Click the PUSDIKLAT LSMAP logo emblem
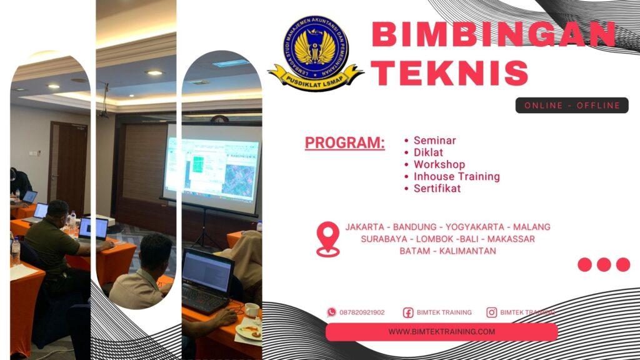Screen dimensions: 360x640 click(316, 54)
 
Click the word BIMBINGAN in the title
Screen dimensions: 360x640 click(493, 35)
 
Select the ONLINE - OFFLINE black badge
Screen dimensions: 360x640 click(572, 106)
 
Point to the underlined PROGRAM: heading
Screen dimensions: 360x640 click(344, 142)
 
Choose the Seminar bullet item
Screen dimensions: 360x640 click(434, 141)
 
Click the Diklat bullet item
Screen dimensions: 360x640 click(428, 152)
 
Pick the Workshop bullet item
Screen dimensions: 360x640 click(439, 164)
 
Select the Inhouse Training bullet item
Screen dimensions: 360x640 click(456, 176)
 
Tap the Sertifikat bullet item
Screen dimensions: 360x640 click(437, 188)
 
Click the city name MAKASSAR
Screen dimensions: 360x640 click(511, 239)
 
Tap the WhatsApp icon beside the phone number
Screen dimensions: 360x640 click(331, 312)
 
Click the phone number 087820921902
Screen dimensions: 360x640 click(362, 312)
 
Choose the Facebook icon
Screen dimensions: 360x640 click(408, 312)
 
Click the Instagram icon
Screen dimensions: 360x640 click(492, 312)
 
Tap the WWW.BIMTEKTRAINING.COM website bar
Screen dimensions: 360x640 click(441, 332)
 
